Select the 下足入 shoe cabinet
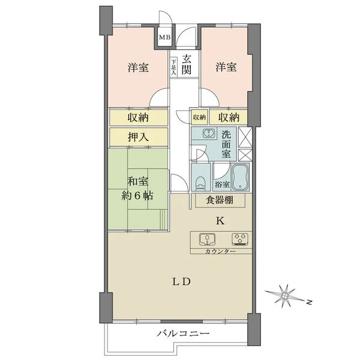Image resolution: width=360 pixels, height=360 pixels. point(174,65)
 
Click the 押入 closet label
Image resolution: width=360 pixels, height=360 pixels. point(138,136)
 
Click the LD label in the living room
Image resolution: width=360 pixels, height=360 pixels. point(183,281)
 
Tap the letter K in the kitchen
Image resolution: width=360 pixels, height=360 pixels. point(220,221)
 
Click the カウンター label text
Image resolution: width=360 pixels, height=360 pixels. point(219,251)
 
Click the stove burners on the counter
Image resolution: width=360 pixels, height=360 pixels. point(241,239)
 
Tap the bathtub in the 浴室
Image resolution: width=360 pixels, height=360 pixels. point(239,176)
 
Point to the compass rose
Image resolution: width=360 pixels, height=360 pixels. point(286,295)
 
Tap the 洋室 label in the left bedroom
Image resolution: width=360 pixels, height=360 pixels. point(138,68)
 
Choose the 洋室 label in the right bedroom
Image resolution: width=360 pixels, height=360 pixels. point(226,68)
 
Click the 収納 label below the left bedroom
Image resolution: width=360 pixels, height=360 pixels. point(138,117)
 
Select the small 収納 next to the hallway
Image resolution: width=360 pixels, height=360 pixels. point(199,117)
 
